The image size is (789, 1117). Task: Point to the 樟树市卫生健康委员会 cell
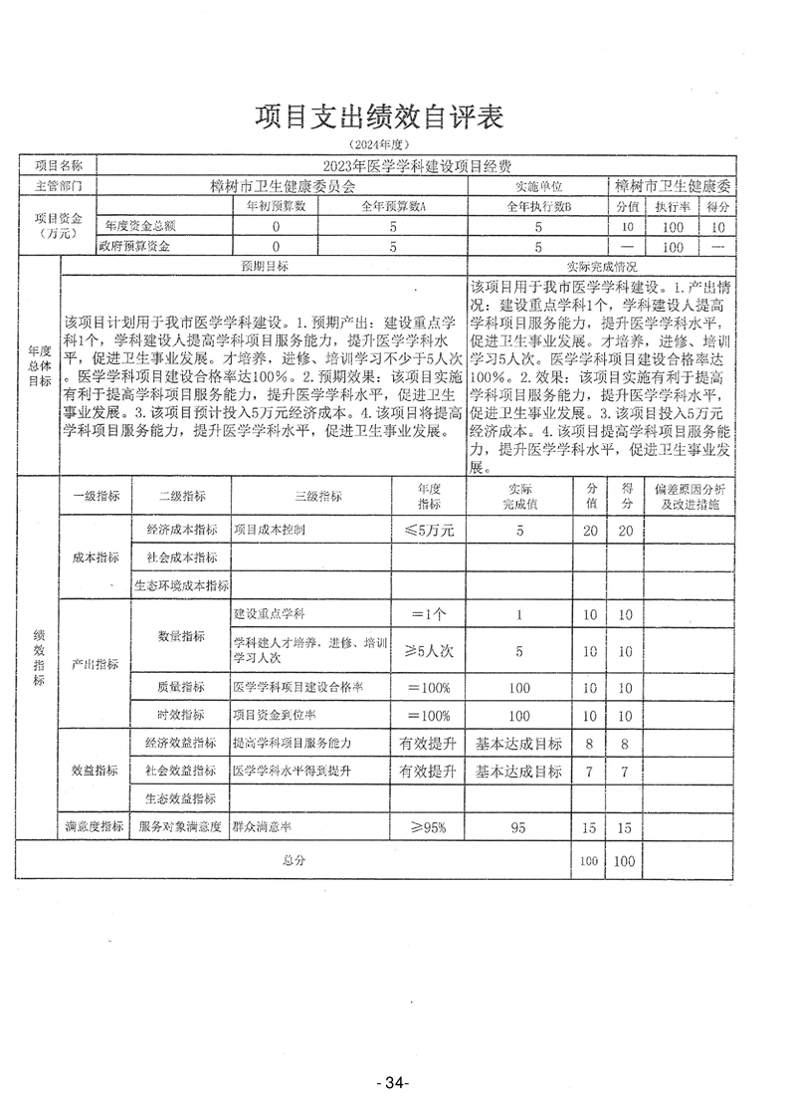point(284,185)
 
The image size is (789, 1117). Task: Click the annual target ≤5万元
point(428,531)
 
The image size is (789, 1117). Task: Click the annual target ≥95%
point(428,826)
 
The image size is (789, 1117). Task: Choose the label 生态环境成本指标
point(182,586)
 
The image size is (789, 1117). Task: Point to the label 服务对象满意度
point(180,826)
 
